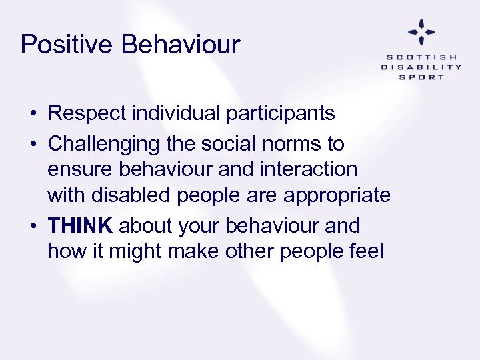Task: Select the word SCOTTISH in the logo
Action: point(421,57)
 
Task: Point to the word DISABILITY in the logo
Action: point(421,67)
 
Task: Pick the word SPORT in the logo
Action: point(421,77)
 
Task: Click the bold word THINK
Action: point(80,225)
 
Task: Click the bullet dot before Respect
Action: point(33,114)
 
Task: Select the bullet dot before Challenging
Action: point(33,144)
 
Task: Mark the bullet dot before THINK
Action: point(33,226)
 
